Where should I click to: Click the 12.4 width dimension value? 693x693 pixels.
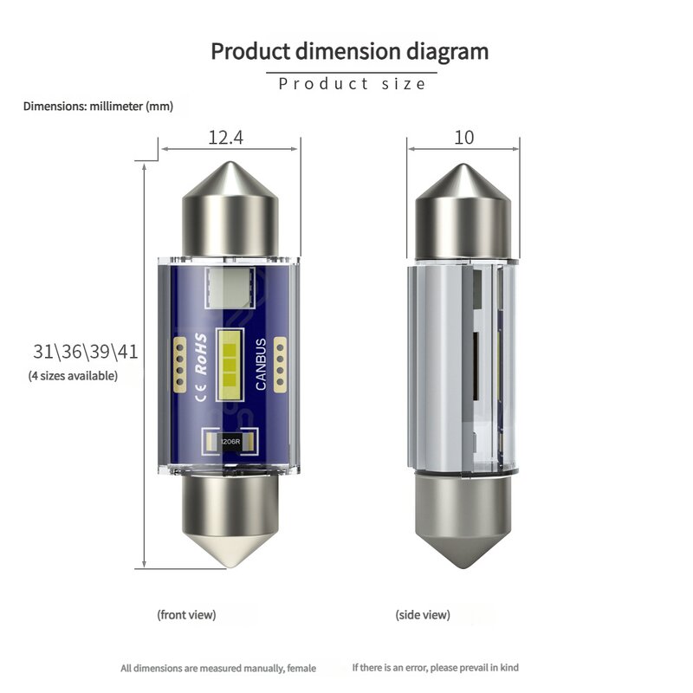point(225,138)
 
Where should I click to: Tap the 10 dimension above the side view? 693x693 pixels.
point(464,138)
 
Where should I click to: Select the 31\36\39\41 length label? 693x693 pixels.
point(85,352)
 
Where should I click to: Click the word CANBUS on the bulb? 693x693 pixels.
point(261,364)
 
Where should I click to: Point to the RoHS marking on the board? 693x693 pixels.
point(201,354)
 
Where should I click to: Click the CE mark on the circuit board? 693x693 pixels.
point(200,392)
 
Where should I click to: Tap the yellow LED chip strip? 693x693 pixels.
point(230,365)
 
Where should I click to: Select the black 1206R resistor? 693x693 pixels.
point(230,441)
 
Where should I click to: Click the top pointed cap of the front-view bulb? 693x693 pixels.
point(230,209)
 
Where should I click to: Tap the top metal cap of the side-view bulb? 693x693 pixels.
point(463,211)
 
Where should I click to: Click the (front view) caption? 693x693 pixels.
point(186,615)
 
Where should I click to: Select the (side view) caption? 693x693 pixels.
point(423,615)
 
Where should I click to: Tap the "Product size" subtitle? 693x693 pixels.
point(352,84)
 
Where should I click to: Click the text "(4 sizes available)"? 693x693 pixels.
point(73,376)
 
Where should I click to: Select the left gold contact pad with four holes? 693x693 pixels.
point(179,365)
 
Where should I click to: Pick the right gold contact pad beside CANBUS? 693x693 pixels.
point(280,365)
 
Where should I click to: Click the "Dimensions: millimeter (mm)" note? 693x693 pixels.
point(98,107)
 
